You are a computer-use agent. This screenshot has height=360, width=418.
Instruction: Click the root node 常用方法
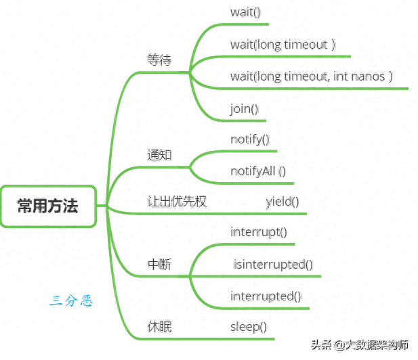[x=48, y=206]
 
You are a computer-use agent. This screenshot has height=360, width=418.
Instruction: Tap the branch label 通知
[x=159, y=154]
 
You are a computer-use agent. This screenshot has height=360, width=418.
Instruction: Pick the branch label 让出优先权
[x=177, y=201]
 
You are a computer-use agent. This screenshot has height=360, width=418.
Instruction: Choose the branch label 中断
[x=159, y=264]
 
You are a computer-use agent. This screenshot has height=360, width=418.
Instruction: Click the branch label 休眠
[x=159, y=327]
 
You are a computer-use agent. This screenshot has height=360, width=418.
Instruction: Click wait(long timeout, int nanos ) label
[x=312, y=76]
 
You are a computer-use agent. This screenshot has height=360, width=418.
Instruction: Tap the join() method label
[x=245, y=108]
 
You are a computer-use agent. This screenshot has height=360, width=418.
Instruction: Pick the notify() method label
[x=250, y=139]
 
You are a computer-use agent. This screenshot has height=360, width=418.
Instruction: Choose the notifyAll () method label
[x=258, y=171]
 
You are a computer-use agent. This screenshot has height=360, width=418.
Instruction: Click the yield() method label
[x=283, y=201]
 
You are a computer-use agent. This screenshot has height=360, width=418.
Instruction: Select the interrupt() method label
[x=259, y=232]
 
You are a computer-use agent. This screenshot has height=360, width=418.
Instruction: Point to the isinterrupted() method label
[x=273, y=264]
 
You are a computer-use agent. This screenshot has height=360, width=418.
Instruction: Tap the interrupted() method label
[x=266, y=296]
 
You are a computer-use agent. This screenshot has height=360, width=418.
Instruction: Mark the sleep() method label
[x=249, y=327]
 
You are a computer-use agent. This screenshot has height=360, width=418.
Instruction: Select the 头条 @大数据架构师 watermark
[x=360, y=345]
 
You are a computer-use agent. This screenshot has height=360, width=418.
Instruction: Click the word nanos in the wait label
[x=371, y=76]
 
